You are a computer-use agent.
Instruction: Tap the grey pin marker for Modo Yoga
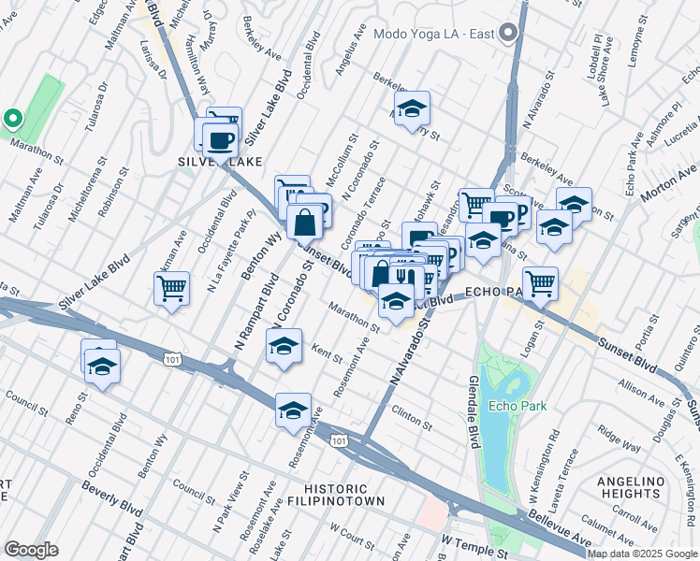pyautogui.click(x=508, y=34)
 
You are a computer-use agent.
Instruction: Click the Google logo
pyautogui.click(x=31, y=550)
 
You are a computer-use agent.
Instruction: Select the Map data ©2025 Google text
pyautogui.click(x=642, y=554)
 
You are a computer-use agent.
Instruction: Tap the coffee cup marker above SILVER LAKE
pyautogui.click(x=220, y=140)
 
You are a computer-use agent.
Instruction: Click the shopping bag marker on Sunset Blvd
pyautogui.click(x=305, y=223)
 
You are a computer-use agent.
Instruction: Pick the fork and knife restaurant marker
pyautogui.click(x=403, y=277)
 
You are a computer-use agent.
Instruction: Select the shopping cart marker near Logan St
pyautogui.click(x=540, y=282)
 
